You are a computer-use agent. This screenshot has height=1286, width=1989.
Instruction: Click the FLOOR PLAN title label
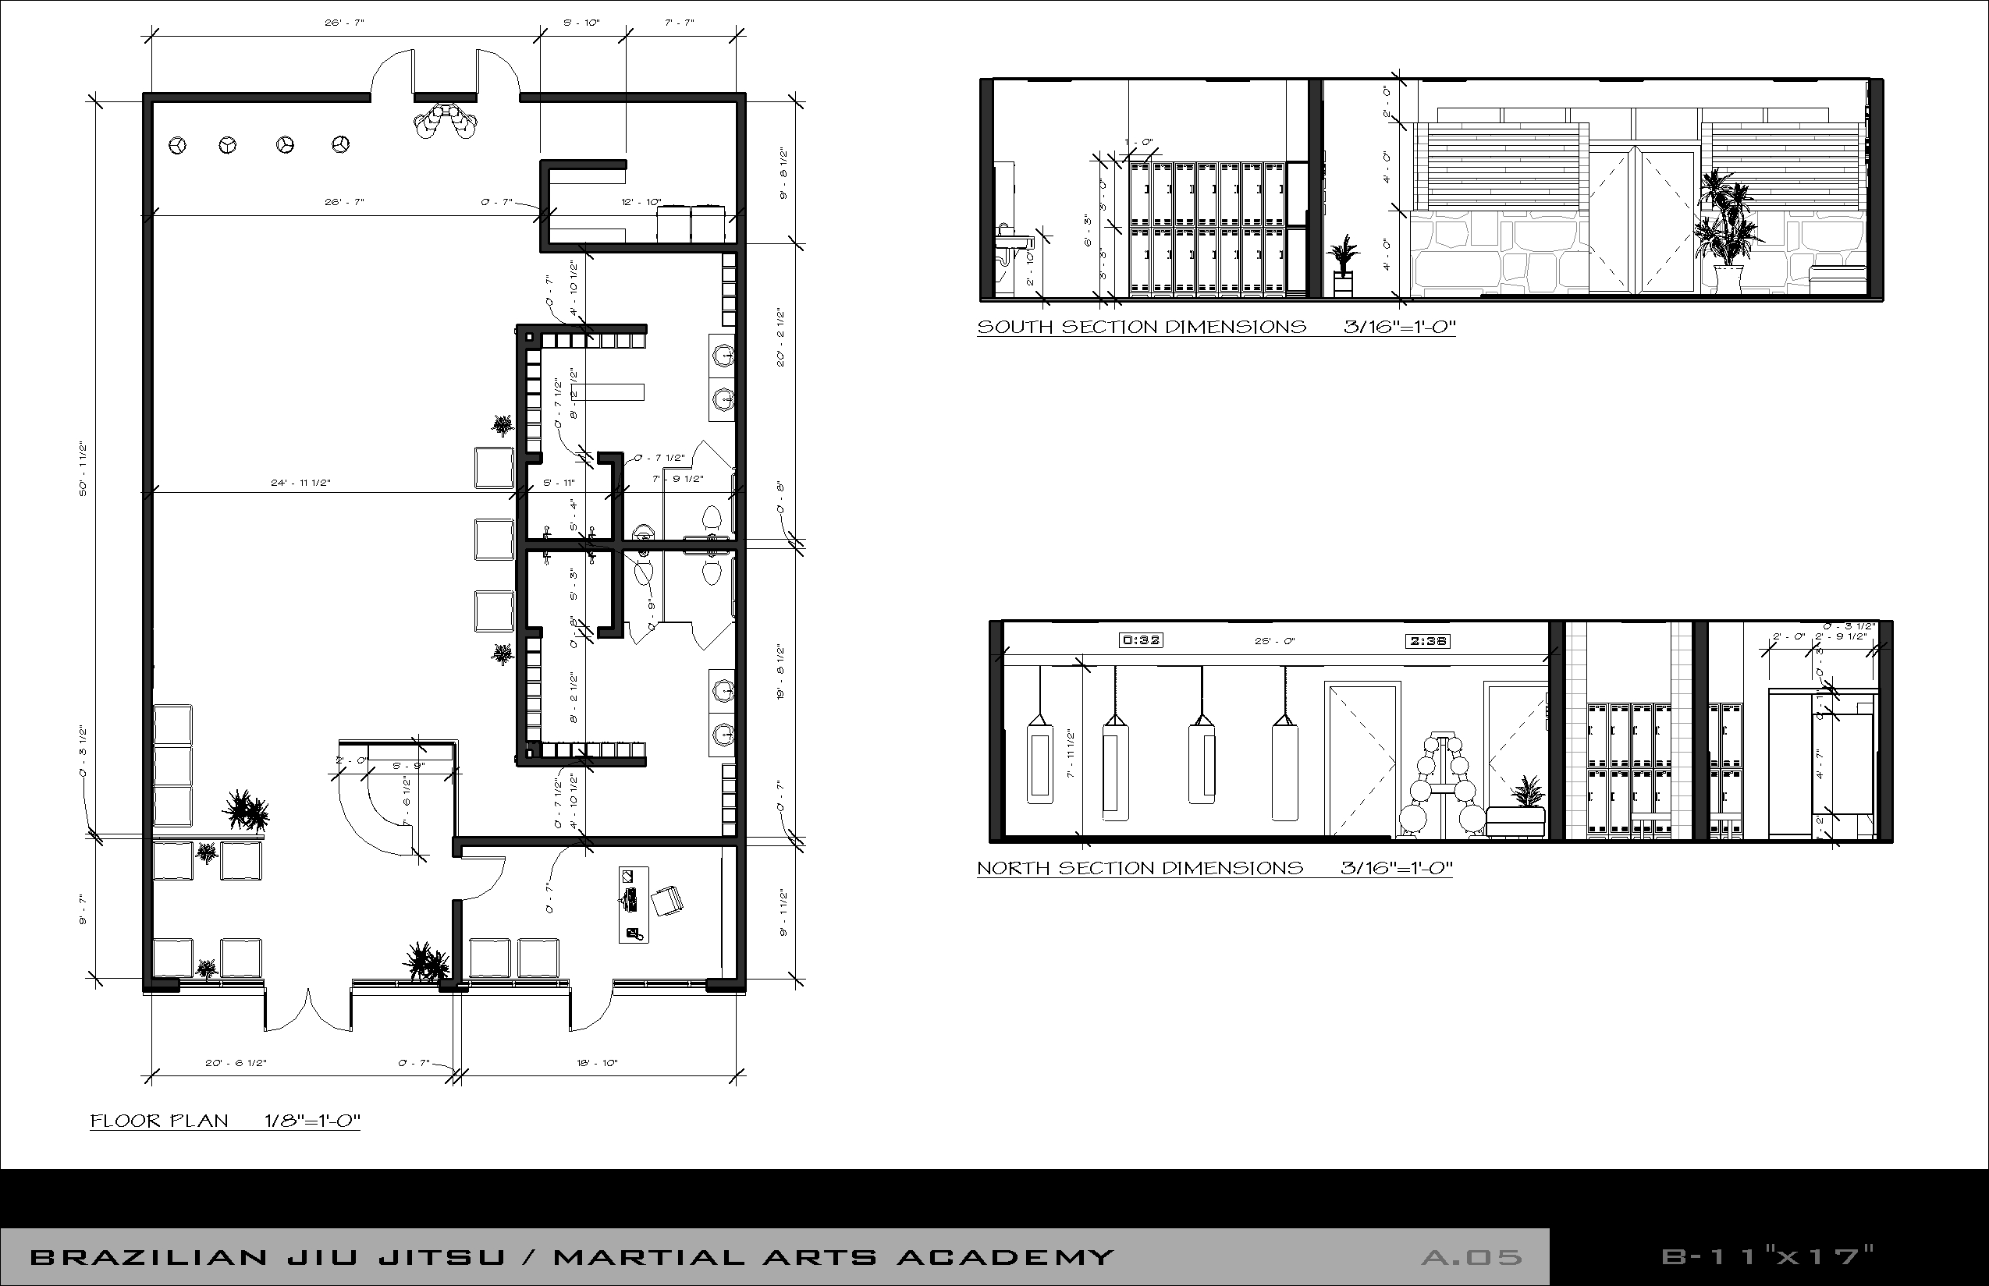coord(158,1121)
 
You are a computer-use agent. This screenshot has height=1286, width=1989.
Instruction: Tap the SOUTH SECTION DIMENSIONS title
coord(1141,327)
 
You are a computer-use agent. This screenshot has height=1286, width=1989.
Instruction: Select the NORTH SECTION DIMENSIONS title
coord(1139,868)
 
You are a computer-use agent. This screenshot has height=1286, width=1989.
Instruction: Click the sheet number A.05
coord(1472,1257)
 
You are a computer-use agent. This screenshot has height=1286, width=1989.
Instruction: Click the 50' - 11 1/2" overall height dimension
coord(83,470)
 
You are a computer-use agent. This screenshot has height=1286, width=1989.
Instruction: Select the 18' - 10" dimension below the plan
coord(596,1063)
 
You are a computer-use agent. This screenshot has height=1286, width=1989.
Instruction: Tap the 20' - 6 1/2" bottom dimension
coord(236,1063)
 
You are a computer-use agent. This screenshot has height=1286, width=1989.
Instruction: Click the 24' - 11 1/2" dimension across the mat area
coord(300,483)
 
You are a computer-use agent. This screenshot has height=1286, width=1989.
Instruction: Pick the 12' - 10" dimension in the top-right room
coord(641,202)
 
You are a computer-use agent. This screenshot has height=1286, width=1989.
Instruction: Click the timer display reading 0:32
coord(1140,640)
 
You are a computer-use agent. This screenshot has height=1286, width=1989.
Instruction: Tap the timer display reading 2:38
coord(1428,641)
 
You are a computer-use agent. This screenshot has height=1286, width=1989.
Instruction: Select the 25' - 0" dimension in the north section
coord(1275,641)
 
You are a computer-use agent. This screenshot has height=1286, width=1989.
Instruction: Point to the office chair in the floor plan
coord(667,901)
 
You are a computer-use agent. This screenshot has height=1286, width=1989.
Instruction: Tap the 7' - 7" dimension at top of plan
coord(679,23)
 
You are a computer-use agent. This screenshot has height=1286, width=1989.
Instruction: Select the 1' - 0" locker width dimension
coord(1138,143)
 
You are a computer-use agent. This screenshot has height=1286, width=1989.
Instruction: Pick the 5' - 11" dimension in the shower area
coord(559,483)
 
